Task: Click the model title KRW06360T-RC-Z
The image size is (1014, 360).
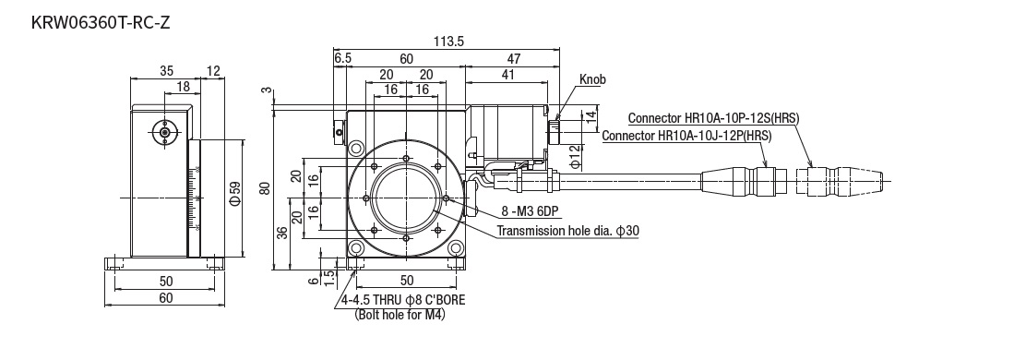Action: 101,23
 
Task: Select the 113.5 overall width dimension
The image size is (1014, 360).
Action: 448,42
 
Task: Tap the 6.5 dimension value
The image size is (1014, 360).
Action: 343,58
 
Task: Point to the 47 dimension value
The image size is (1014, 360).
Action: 514,58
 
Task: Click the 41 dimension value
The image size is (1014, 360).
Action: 507,75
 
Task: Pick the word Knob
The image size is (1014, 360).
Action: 592,79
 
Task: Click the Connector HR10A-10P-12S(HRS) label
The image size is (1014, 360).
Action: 713,118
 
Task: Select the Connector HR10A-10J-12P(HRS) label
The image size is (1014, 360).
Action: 686,136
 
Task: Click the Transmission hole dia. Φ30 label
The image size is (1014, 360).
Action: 568,231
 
